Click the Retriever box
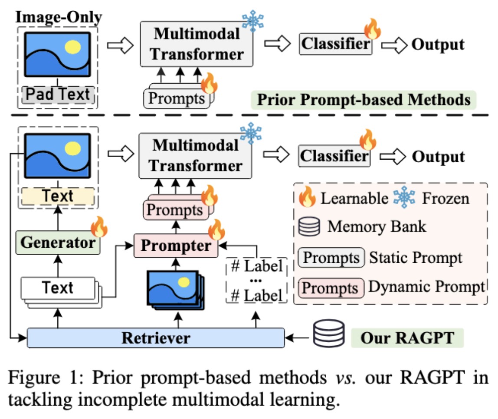[x=155, y=338]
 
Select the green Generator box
[x=58, y=242]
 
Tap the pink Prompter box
[x=176, y=246]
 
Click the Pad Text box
[x=58, y=94]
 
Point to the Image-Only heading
[x=58, y=17]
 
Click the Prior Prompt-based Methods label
[x=364, y=99]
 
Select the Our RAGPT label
[x=406, y=337]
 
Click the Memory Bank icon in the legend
[x=309, y=226]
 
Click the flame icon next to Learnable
[x=308, y=198]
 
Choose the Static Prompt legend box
[x=331, y=258]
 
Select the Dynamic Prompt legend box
[x=331, y=288]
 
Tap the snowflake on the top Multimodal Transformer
[x=252, y=20]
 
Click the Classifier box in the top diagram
[x=336, y=44]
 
